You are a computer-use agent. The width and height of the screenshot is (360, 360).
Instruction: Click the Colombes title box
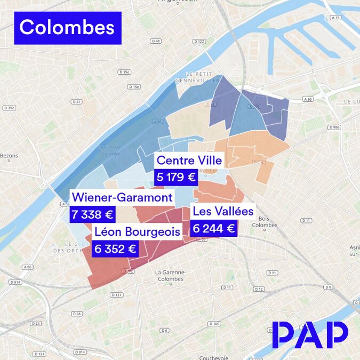click(67, 28)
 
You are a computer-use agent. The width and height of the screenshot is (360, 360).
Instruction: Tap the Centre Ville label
click(189, 160)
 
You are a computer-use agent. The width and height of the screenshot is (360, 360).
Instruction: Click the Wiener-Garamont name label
click(122, 198)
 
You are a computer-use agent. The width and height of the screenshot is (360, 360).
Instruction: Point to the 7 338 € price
click(93, 215)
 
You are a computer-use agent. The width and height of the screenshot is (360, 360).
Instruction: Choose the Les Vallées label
click(223, 211)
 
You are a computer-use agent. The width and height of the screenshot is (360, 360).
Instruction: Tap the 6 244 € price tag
click(213, 229)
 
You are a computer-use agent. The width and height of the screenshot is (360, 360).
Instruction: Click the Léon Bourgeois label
click(137, 231)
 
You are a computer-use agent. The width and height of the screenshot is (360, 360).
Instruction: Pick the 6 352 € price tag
click(115, 249)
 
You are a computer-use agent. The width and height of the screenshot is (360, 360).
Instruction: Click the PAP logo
click(310, 335)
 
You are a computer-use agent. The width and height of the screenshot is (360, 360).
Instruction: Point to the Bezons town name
click(9, 156)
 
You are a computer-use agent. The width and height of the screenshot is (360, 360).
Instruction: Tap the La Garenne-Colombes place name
click(170, 275)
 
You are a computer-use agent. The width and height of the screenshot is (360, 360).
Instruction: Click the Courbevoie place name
click(213, 357)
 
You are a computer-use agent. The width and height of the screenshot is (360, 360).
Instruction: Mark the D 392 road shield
click(9, 108)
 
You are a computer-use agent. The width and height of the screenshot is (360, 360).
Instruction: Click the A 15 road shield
click(335, 18)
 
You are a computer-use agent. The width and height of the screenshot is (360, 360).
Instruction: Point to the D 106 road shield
click(214, 324)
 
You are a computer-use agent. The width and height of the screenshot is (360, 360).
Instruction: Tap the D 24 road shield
click(36, 323)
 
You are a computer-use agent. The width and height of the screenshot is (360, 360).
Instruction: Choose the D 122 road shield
click(199, 41)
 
